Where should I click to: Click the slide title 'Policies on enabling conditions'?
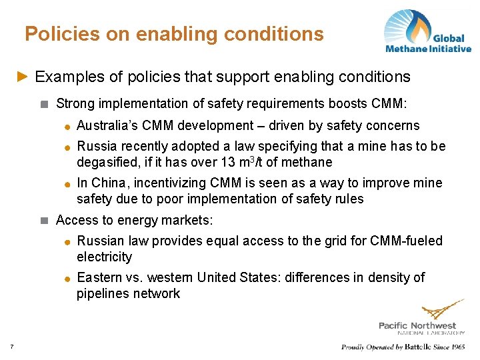coord(174,33)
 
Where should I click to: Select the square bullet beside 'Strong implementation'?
coord(44,103)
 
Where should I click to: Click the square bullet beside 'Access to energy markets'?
coord(44,219)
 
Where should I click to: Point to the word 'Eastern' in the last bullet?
coord(99,277)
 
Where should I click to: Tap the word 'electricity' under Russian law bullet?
coord(105,257)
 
